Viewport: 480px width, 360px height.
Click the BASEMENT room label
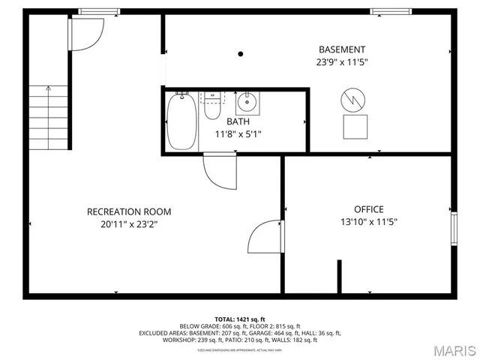(x=341, y=49)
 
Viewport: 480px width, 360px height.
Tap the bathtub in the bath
(x=181, y=121)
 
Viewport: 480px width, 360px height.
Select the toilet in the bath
(x=214, y=106)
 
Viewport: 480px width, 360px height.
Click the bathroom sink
(x=247, y=102)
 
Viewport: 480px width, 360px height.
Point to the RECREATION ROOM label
(x=129, y=211)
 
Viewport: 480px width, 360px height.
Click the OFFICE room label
(x=368, y=209)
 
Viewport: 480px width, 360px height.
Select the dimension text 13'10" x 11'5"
(x=368, y=221)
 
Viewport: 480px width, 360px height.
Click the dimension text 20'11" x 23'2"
(x=129, y=223)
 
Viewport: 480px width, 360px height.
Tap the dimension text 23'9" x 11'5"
(x=341, y=62)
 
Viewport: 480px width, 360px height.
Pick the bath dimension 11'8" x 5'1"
(x=238, y=135)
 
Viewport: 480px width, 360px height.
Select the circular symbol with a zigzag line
(x=352, y=99)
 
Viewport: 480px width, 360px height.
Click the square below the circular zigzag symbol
(x=355, y=127)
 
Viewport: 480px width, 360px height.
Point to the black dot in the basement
(x=241, y=54)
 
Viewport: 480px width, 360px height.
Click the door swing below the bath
(x=218, y=170)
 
